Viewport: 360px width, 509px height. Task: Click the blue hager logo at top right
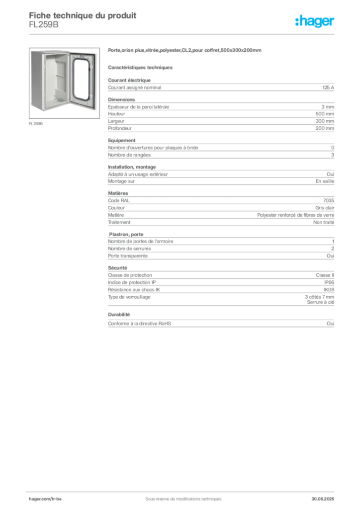point(315,22)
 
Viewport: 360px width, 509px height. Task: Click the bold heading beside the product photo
point(184,52)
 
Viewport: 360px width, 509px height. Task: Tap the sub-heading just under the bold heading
point(141,67)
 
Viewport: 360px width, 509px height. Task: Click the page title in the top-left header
point(83,15)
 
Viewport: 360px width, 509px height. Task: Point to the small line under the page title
point(44,28)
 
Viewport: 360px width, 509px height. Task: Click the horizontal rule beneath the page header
point(183,33)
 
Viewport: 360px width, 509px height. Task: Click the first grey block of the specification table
point(221,86)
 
